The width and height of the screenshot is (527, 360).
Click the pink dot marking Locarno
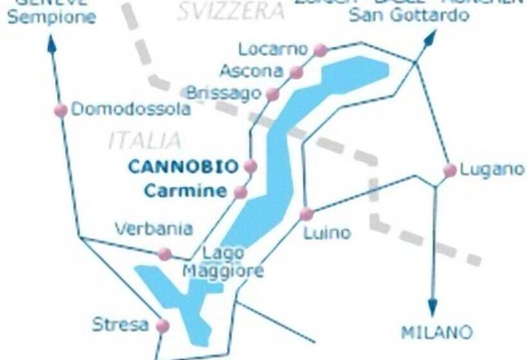pos(320,50)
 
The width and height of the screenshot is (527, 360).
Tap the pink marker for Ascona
pos(296,72)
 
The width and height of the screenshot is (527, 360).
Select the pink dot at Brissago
pos(272,94)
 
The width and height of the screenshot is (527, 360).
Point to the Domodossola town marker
pos(60,110)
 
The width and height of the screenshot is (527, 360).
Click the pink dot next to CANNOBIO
pos(250,166)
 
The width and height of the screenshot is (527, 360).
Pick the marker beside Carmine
pos(240,192)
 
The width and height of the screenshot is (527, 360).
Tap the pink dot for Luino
pos(307,214)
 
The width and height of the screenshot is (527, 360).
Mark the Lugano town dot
pos(450,170)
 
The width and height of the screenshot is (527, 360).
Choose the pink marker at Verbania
pos(165,254)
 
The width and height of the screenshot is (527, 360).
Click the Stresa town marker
pos(163,326)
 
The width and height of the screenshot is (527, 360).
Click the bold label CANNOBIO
pos(183,166)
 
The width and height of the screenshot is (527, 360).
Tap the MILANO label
pos(436,333)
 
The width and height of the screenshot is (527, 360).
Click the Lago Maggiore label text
pos(223,263)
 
